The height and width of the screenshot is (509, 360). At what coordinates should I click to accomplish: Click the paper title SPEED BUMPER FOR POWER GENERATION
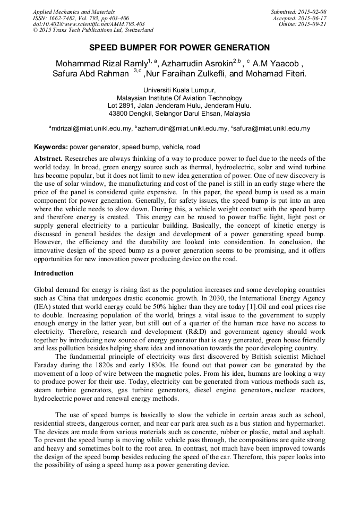click(x=179, y=47)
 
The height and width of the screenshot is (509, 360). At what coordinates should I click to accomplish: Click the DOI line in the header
click(x=89, y=24)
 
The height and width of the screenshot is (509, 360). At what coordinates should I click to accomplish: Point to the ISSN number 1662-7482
click(x=63, y=18)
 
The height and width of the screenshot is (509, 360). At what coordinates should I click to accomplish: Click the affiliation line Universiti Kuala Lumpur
click(x=179, y=91)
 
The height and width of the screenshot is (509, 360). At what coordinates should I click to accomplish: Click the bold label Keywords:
click(x=51, y=147)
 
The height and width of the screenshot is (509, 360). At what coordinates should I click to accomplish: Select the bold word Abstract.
click(x=48, y=159)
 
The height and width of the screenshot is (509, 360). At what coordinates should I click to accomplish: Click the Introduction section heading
click(x=54, y=273)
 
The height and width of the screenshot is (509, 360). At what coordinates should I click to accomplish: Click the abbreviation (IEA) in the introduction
click(x=43, y=306)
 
